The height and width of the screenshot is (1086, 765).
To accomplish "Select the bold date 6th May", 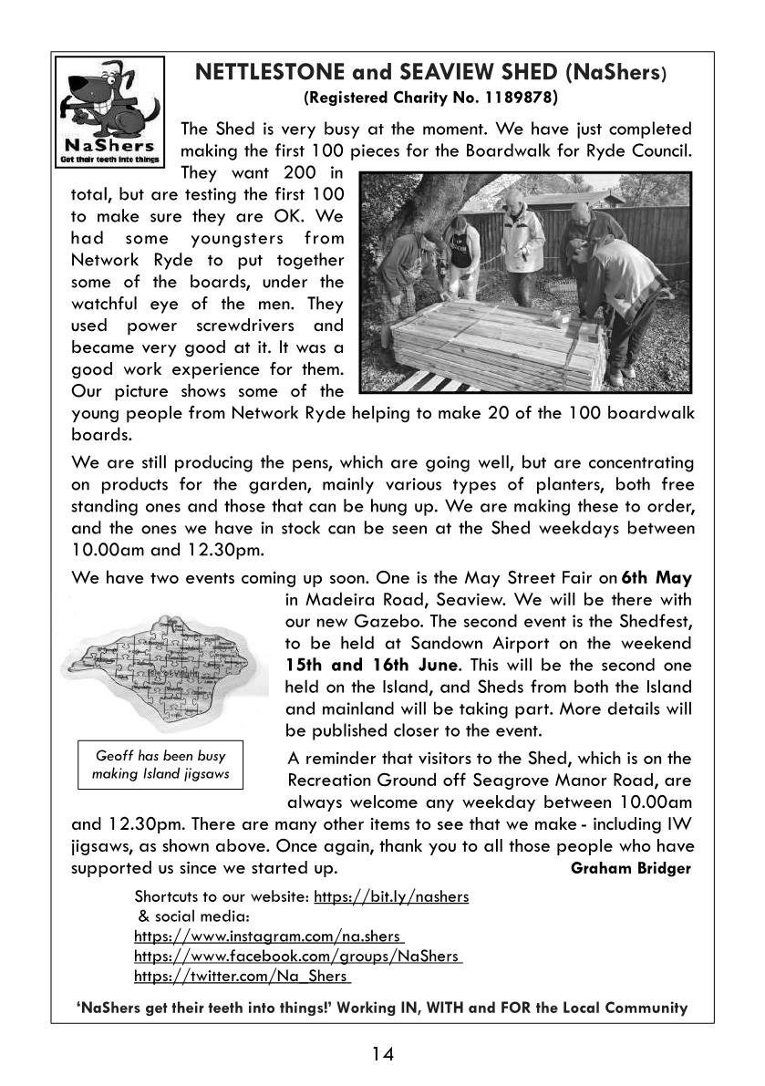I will pos(656,577).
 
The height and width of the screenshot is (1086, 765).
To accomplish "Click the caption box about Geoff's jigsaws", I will pos(160,764).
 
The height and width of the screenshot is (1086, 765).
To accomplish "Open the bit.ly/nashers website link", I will pos(391,896).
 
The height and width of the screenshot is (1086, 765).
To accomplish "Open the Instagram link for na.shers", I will pos(270,936).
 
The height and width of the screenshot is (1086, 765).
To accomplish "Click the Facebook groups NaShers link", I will pos(298,957).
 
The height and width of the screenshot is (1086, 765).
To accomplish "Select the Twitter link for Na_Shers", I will pos(243,977).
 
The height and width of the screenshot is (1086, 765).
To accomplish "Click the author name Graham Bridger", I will pos(630,868).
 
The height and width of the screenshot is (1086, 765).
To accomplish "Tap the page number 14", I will pos(382,1055).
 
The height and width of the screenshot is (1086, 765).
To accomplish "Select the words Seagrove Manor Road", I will pos(572,781).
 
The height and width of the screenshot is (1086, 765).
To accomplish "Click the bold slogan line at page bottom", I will pos(382,1008).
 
